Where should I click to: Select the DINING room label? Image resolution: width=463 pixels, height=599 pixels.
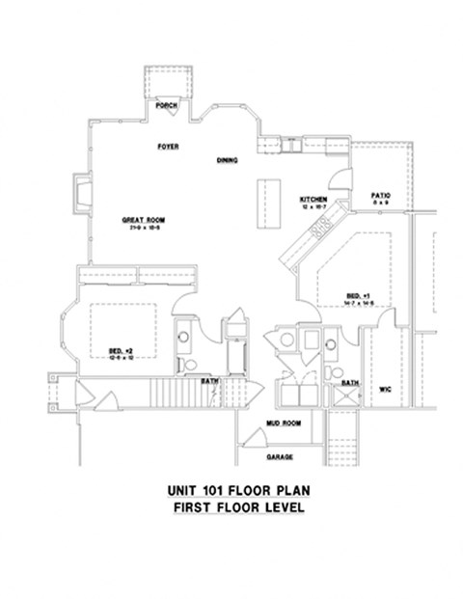(x=228, y=160)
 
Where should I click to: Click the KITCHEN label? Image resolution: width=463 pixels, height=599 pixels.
(x=313, y=199)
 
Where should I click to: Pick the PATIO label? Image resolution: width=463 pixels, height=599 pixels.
(x=379, y=197)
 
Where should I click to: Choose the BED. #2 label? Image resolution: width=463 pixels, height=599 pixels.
(x=122, y=350)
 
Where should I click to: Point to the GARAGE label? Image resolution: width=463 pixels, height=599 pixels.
(x=281, y=456)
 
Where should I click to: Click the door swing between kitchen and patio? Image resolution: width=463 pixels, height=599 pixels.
(x=340, y=177)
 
